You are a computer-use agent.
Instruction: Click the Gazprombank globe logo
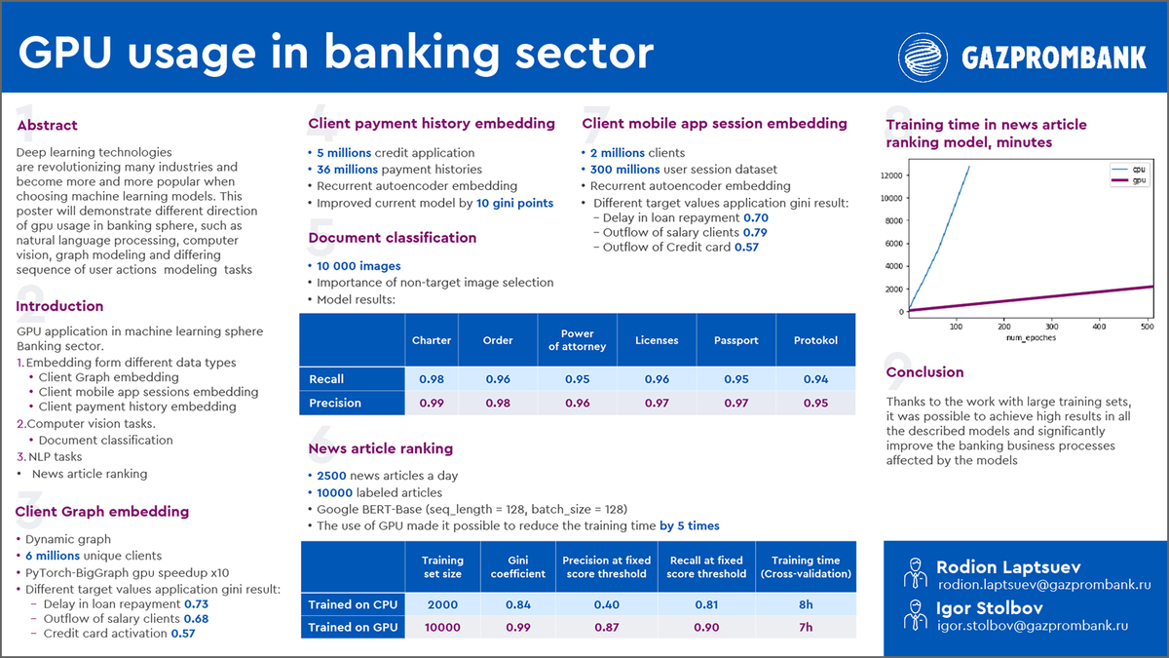(x=923, y=58)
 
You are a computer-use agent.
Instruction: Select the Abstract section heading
(x=47, y=126)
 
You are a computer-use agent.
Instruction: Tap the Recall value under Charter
(x=431, y=379)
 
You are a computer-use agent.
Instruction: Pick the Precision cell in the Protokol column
(x=815, y=404)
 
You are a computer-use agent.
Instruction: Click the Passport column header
(x=735, y=340)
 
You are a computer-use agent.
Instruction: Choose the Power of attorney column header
(x=577, y=340)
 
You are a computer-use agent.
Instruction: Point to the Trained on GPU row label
(x=353, y=627)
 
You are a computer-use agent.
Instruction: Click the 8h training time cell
(x=806, y=604)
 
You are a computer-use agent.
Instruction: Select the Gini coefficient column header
(x=517, y=567)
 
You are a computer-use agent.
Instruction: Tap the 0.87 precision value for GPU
(x=606, y=627)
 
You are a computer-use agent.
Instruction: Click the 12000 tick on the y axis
(x=891, y=175)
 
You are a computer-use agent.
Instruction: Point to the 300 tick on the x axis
(x=1051, y=327)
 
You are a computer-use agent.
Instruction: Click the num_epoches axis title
(x=1031, y=338)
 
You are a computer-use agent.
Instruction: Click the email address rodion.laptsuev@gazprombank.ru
(x=1043, y=585)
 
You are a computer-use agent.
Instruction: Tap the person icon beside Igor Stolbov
(x=916, y=615)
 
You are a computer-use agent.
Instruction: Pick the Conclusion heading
(x=924, y=372)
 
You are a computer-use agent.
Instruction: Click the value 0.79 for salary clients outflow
(x=755, y=232)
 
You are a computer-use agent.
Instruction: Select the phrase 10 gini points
(x=514, y=203)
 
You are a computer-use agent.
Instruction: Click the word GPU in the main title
(x=65, y=53)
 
